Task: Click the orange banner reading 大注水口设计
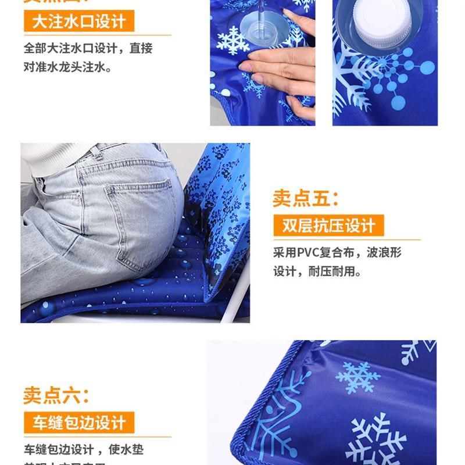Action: (x=79, y=22)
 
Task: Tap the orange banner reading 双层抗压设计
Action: (x=329, y=225)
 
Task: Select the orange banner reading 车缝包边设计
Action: (x=79, y=422)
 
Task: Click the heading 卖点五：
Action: (x=306, y=198)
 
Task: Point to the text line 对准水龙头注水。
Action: (x=67, y=67)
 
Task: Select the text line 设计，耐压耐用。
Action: (x=317, y=271)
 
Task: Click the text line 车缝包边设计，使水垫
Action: (x=84, y=449)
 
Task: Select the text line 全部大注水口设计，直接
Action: (x=88, y=48)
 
